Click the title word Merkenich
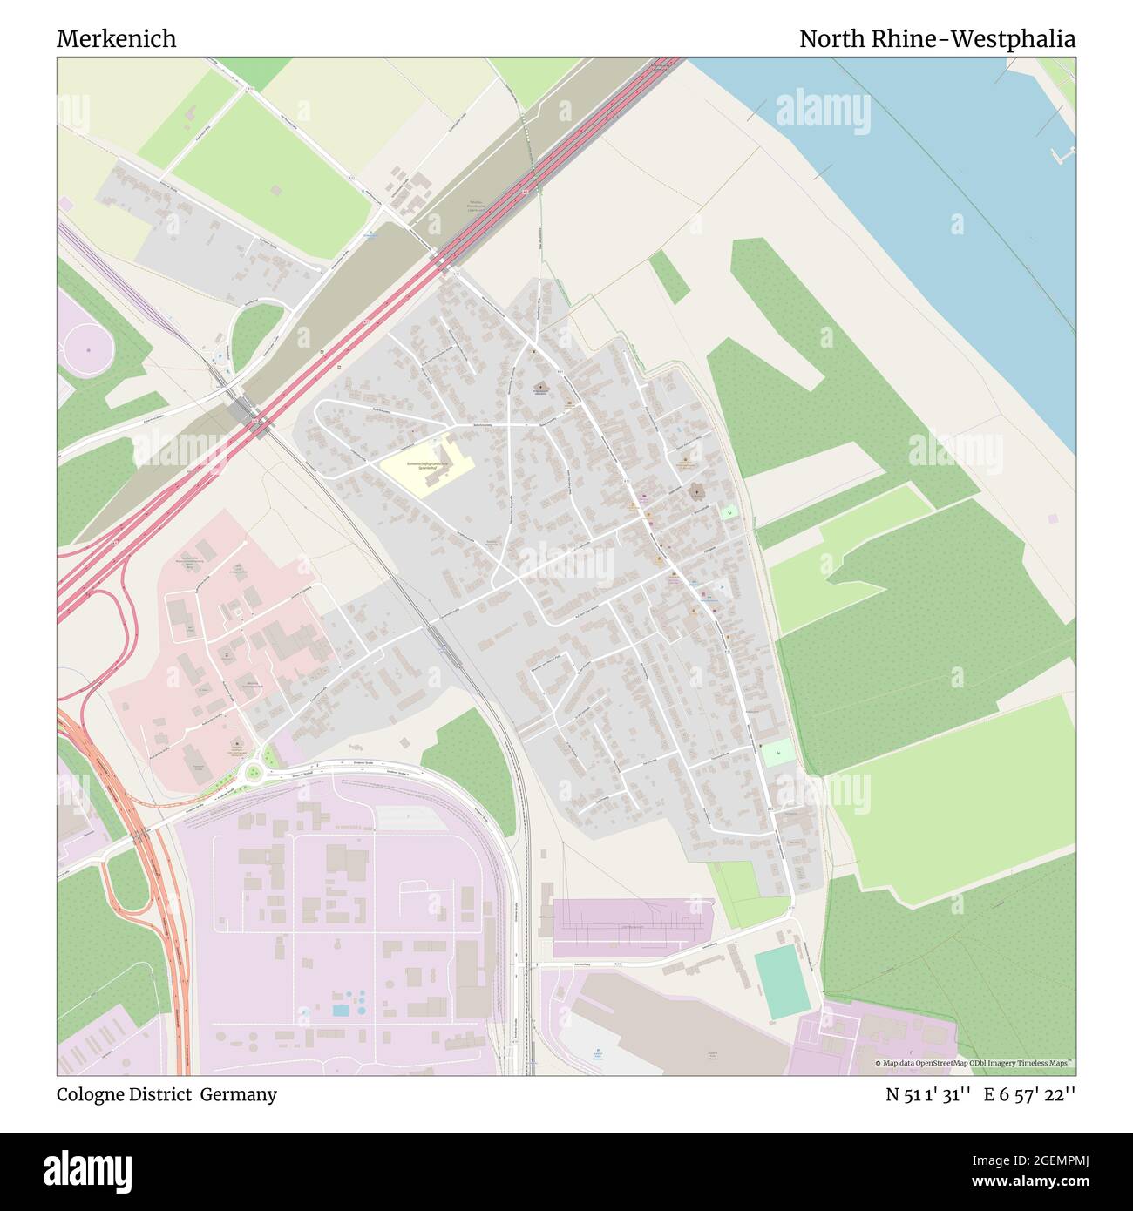coord(117,39)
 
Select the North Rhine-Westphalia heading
coord(937,39)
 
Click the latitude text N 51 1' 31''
coord(929,1094)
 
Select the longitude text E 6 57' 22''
coord(1030,1094)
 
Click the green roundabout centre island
coord(254,769)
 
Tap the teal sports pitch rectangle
coord(782,981)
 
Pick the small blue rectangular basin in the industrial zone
coord(342,1011)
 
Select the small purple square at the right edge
coord(1054,518)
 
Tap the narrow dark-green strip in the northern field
coord(670,276)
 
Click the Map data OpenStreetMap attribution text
coord(974,1063)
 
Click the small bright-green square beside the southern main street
coord(777,752)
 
